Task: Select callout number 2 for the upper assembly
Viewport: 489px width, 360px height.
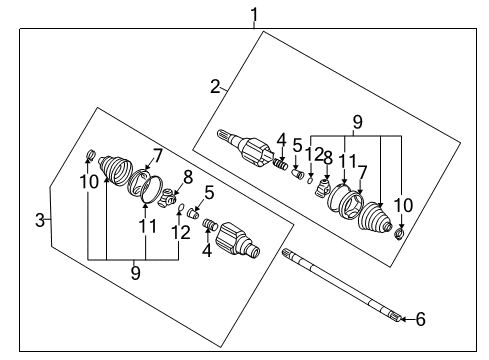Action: click(x=214, y=86)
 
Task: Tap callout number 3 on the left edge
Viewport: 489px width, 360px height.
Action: click(x=40, y=219)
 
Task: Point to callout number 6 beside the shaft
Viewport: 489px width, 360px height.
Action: click(x=420, y=320)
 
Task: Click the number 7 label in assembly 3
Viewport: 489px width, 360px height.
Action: click(x=155, y=154)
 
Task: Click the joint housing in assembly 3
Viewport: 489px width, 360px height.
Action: click(x=237, y=242)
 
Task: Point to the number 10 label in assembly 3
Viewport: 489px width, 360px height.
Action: click(x=90, y=181)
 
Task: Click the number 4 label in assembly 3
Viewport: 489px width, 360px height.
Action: click(x=208, y=251)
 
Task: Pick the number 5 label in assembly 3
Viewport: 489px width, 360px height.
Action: click(x=208, y=192)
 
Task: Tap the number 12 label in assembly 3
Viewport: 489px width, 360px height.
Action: click(x=181, y=232)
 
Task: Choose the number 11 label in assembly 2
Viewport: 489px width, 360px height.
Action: click(x=346, y=160)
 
